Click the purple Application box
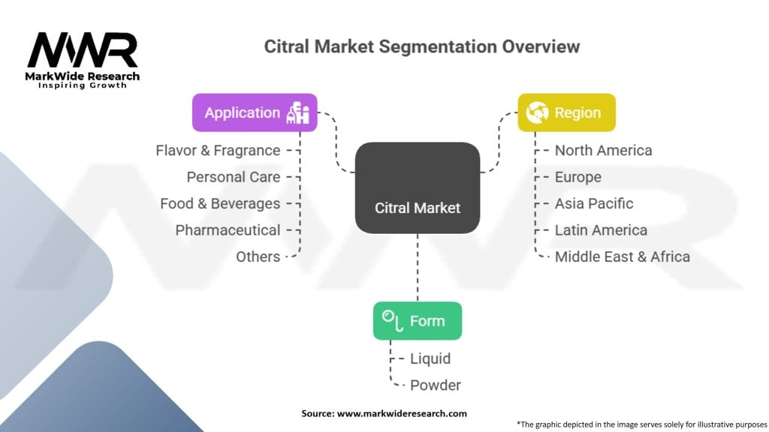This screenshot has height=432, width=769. (x=255, y=112)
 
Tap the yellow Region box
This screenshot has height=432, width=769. (x=566, y=112)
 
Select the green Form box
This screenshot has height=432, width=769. (x=417, y=321)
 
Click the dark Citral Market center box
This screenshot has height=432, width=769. (x=417, y=187)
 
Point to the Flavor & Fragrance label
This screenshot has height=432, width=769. (x=218, y=151)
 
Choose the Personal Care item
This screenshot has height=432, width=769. (x=234, y=177)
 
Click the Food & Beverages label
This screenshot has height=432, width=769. (x=220, y=203)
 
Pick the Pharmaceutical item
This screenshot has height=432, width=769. (x=228, y=230)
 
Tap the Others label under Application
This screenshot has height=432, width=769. (x=258, y=256)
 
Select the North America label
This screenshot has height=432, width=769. (x=603, y=151)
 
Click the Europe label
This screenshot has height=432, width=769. (x=578, y=177)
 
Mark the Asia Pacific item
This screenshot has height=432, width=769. (x=593, y=203)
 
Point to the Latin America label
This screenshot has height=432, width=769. (x=600, y=230)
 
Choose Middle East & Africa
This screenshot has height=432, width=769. (x=622, y=256)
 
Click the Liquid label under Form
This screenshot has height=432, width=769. (x=430, y=359)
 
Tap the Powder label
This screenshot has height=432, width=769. (x=435, y=385)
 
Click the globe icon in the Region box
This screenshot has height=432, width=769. (x=538, y=112)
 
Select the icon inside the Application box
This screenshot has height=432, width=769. (x=298, y=112)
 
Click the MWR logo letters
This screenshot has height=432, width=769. (x=83, y=51)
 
